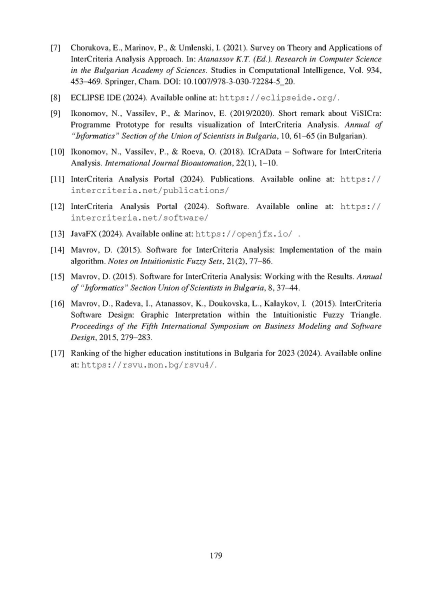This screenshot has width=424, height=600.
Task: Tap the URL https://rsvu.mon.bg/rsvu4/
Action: (x=149, y=365)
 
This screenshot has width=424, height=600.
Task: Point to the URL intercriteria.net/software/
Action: (x=139, y=218)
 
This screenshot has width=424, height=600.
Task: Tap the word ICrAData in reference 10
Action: (x=276, y=151)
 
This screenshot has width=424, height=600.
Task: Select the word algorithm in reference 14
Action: (x=85, y=260)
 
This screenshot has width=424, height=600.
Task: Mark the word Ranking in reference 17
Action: (x=85, y=353)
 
